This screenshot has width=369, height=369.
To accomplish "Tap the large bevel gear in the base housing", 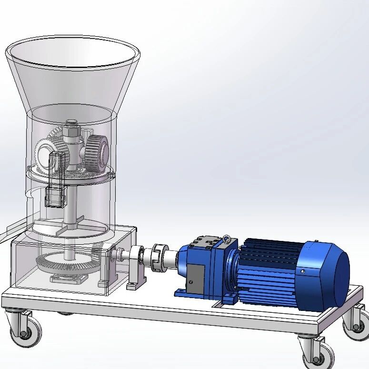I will [x=67, y=264].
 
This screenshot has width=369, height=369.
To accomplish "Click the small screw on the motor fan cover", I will [x=302, y=271].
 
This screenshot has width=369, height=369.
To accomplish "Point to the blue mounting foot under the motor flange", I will [x=229, y=299].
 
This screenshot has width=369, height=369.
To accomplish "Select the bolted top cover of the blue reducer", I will [x=205, y=242].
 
